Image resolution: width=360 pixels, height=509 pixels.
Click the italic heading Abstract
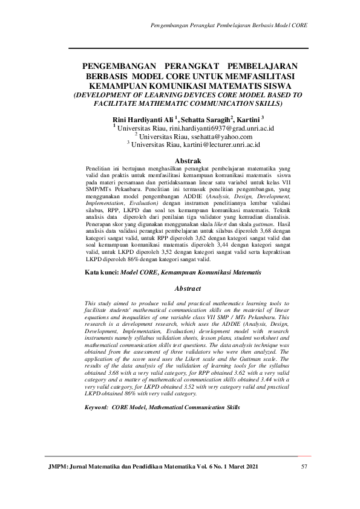[187, 290]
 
